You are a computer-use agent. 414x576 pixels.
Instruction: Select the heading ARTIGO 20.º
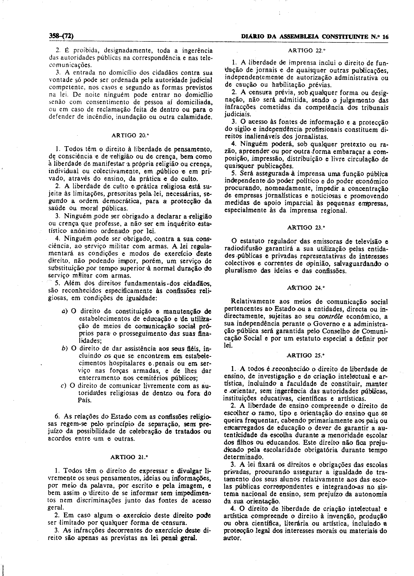tap(130, 135)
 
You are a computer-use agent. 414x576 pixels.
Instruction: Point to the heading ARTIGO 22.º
tap(307, 50)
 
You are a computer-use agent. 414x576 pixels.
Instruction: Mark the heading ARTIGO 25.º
tap(306, 356)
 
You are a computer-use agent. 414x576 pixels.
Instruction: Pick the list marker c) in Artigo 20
tap(64, 386)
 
